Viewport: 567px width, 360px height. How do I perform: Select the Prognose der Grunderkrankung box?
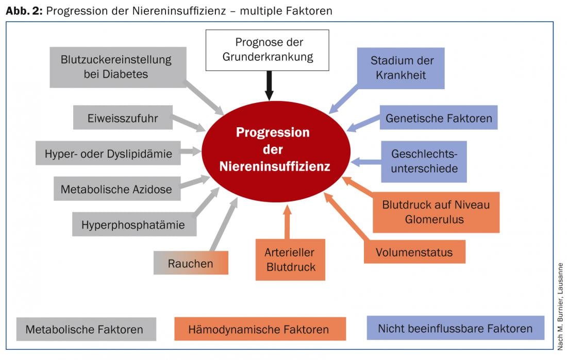coord(268,50)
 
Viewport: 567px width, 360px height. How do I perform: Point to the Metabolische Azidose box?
coord(116,189)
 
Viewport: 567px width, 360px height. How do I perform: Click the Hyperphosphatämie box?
coord(133,225)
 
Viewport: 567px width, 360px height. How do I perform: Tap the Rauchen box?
coord(191,263)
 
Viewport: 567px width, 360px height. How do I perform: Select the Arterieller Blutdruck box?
coord(290,260)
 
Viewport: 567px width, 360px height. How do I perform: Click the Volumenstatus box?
coord(414,252)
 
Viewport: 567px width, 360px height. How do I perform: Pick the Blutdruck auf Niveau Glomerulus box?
coord(436,212)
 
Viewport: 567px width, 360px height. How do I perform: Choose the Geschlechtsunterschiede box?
coord(424,161)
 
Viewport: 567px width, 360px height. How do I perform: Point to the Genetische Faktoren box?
coord(439,118)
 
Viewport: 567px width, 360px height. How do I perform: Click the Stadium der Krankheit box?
coord(402,68)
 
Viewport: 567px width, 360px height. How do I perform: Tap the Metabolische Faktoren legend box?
coord(86,329)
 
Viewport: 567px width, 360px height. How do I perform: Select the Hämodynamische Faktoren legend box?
coord(260,329)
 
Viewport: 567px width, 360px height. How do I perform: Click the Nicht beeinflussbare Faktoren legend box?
coord(455,328)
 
